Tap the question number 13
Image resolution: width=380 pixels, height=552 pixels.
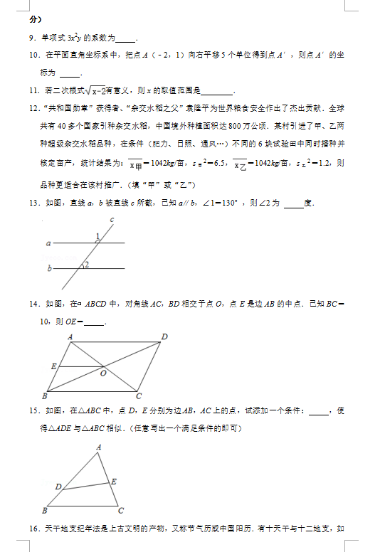pyautogui.click(x=35, y=203)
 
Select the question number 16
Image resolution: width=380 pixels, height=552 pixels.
pyautogui.click(x=35, y=529)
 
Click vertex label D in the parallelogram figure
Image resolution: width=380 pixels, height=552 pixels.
pyautogui.click(x=164, y=336)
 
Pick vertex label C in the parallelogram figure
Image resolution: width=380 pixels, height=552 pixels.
pyautogui.click(x=139, y=396)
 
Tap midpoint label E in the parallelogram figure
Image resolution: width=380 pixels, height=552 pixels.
pyautogui.click(x=53, y=366)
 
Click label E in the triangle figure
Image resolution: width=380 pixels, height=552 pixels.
pyautogui.click(x=114, y=482)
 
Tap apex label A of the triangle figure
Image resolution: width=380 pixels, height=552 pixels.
pyautogui.click(x=98, y=447)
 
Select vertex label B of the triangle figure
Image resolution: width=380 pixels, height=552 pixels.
pyautogui.click(x=45, y=510)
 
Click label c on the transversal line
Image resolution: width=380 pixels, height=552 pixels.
pyautogui.click(x=112, y=220)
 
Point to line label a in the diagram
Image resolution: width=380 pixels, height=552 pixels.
pyautogui.click(x=48, y=243)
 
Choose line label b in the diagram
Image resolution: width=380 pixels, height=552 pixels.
pyautogui.click(x=49, y=268)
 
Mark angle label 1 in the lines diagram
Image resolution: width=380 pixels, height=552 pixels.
pyautogui.click(x=97, y=237)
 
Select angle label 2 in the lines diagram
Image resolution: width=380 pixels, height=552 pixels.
pyautogui.click(x=85, y=265)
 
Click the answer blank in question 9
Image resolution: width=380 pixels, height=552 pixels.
pyautogui.click(x=125, y=39)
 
